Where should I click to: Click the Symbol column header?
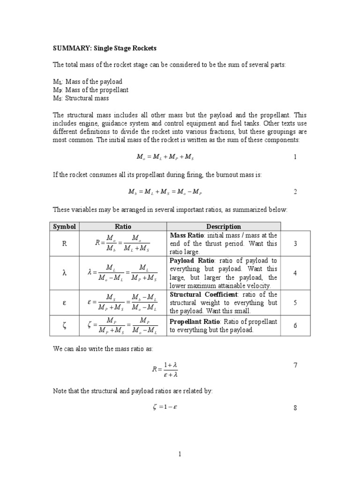64,226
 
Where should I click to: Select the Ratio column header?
123,226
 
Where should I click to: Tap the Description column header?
224,226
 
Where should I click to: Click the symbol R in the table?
64,243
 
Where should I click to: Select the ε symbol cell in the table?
64,303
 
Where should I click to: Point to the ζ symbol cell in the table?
64,325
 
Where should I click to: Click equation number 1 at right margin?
295,157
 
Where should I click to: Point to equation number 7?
295,365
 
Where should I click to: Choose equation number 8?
295,408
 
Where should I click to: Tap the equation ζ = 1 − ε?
165,407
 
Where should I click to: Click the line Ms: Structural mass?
81,98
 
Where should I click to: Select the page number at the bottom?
180,454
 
